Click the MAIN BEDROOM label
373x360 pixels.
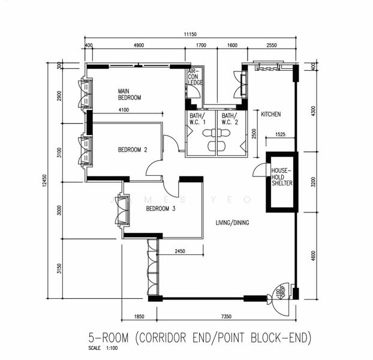[x=130, y=94]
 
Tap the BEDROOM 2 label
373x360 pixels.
[x=133, y=150]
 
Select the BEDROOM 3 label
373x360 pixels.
[x=161, y=209]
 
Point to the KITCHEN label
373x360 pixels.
[x=270, y=114]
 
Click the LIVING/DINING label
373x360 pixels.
[x=233, y=223]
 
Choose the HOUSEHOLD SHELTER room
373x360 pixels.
[x=281, y=178]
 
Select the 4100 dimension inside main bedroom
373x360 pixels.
[x=124, y=110]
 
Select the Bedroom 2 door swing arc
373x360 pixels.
[x=170, y=143]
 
